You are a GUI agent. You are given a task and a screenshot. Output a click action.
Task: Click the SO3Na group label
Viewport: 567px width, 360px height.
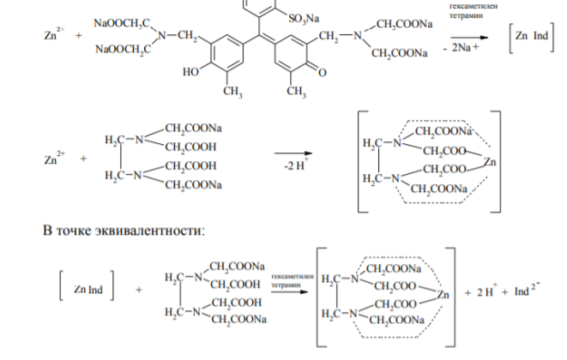click(x=304, y=19)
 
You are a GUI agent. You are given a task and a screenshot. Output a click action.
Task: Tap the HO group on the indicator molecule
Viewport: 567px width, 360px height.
click(x=190, y=72)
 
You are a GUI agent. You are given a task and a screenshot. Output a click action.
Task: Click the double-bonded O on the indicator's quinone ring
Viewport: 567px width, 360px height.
click(x=323, y=72)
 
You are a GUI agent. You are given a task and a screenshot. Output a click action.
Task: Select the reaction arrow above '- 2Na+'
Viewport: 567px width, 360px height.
click(x=469, y=38)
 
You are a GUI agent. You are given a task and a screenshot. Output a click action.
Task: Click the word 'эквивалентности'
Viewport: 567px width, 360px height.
click(x=149, y=231)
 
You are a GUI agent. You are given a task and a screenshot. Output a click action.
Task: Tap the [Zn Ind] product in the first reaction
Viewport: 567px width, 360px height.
click(x=532, y=37)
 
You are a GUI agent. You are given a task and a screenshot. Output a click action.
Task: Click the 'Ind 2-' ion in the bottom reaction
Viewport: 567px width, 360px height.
click(x=527, y=290)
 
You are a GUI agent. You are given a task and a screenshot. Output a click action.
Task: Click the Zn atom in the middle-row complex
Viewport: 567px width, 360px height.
click(x=489, y=161)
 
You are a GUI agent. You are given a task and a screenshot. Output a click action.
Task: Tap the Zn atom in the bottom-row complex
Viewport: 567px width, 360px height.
click(x=443, y=295)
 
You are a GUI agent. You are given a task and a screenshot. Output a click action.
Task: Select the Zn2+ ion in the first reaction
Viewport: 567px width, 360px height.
click(x=54, y=34)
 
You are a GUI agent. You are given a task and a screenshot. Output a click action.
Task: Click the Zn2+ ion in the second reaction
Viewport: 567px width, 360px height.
click(x=54, y=159)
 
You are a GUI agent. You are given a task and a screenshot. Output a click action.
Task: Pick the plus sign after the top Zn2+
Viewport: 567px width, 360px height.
click(x=78, y=35)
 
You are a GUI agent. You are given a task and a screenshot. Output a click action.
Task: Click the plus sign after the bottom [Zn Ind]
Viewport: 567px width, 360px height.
click(x=138, y=290)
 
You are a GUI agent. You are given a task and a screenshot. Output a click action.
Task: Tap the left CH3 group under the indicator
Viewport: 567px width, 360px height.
click(x=232, y=92)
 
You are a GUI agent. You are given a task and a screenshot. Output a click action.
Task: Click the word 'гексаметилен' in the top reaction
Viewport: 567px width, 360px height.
click(x=474, y=6)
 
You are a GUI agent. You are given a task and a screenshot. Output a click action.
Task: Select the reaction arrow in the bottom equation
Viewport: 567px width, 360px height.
click(x=289, y=291)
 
